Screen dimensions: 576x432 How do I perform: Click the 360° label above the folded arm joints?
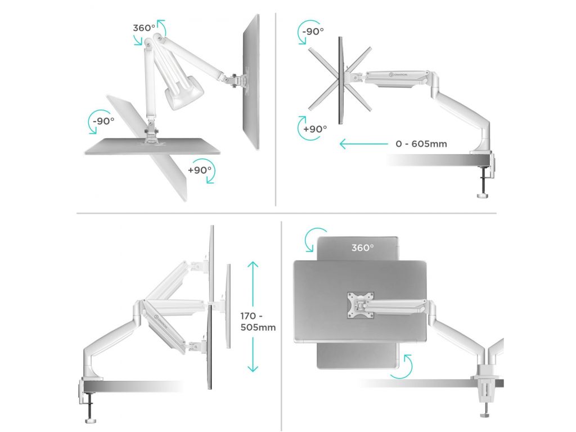[x=144, y=28]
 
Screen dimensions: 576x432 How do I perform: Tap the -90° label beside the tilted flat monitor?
[x=103, y=121]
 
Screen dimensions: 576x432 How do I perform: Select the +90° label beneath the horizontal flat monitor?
[x=200, y=170]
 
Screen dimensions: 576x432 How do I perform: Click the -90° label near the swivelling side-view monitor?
[x=313, y=31]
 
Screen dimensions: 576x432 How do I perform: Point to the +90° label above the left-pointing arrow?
[x=315, y=129]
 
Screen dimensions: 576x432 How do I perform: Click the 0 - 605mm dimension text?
[x=421, y=144]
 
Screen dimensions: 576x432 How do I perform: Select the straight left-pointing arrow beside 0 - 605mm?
[x=364, y=143]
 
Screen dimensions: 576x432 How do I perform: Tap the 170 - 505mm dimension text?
[x=258, y=321]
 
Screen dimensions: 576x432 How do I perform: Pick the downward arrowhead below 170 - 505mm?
[x=253, y=368]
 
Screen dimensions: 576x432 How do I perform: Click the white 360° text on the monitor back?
[x=363, y=248]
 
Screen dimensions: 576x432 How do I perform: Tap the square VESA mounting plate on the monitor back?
[x=361, y=305]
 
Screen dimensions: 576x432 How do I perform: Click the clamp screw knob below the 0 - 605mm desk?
[x=483, y=195]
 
